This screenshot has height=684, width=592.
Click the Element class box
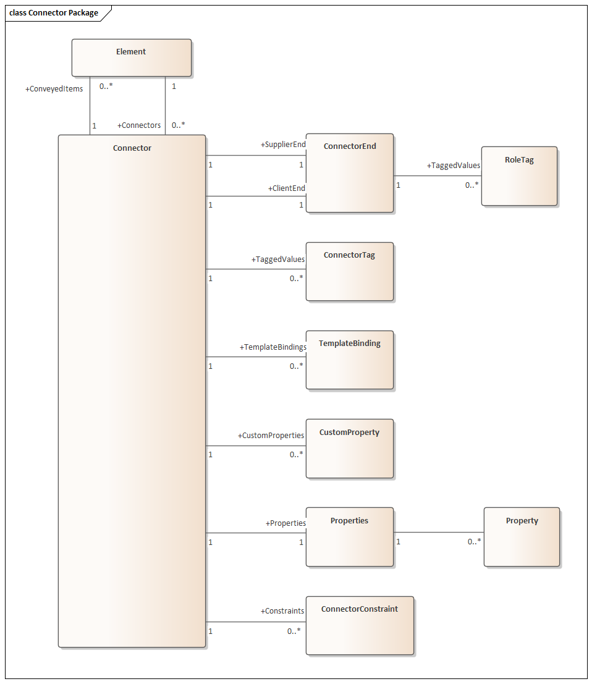[x=131, y=58]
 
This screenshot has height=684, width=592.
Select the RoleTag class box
[x=519, y=176]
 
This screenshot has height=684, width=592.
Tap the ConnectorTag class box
[x=349, y=272]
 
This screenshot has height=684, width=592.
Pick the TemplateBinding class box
[x=349, y=360]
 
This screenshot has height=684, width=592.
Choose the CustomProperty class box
[x=349, y=449]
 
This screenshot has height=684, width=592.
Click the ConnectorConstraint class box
[x=359, y=625]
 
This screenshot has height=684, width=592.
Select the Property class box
[x=522, y=537]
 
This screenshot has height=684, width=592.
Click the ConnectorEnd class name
[x=350, y=146]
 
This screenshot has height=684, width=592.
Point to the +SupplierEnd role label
[x=283, y=145]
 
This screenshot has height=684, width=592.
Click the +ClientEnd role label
[x=287, y=188]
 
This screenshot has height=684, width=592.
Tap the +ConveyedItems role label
[x=54, y=89]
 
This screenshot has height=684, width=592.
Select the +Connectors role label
[x=139, y=125]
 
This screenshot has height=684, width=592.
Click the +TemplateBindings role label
[x=273, y=347]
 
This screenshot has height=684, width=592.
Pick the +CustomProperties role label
[x=271, y=436]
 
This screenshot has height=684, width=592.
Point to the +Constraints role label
[x=282, y=611]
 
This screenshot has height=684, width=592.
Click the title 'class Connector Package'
[x=54, y=13]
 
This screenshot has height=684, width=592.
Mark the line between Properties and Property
[x=439, y=533]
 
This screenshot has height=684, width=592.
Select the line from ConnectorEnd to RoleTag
[x=438, y=176]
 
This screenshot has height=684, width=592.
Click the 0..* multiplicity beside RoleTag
[x=472, y=184]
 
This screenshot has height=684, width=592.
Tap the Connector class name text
[x=132, y=148]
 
